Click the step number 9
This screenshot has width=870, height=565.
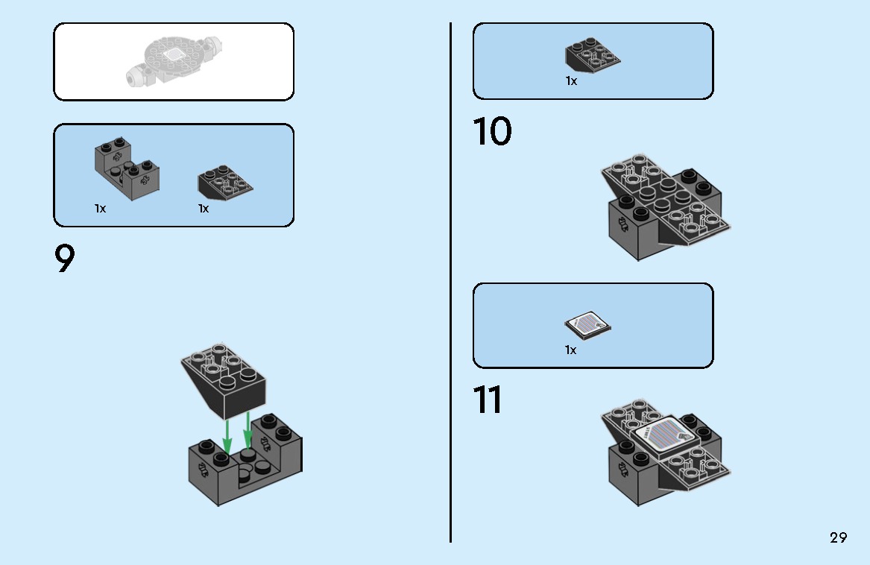[64, 258]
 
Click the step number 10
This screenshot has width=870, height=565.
[492, 131]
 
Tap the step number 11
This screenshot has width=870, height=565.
[488, 400]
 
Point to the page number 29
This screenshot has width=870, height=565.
[839, 537]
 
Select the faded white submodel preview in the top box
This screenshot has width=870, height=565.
[173, 61]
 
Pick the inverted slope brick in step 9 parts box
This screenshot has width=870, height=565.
[225, 182]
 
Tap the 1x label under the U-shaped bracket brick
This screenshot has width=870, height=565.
[100, 209]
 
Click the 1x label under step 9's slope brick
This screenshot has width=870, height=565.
[204, 209]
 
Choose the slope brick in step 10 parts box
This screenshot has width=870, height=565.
[593, 55]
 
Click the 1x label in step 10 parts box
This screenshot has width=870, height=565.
[572, 81]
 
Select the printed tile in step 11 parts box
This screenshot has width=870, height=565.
[587, 325]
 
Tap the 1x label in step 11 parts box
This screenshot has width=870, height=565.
[571, 350]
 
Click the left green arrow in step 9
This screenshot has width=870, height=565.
[227, 438]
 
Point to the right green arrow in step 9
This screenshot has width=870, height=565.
[248, 429]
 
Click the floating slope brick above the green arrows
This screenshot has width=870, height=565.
[223, 382]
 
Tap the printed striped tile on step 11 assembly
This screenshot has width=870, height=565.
[665, 436]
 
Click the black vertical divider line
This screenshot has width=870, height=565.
[450, 282]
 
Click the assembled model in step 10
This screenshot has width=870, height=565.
[665, 207]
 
